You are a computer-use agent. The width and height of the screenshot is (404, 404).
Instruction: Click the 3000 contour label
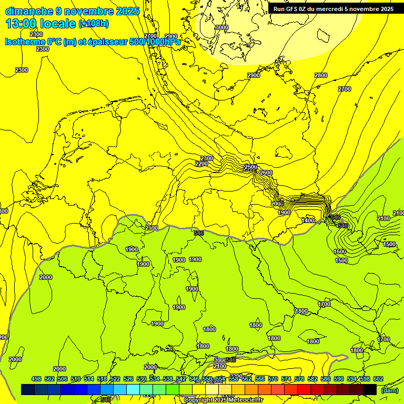[222, 27]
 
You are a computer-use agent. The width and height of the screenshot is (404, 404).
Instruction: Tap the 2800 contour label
[321, 76]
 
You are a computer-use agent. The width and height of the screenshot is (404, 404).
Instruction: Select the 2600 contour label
[266, 173]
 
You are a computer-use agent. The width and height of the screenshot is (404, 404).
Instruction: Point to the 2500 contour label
[251, 167]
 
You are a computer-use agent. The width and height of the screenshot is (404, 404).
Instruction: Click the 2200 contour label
[201, 164]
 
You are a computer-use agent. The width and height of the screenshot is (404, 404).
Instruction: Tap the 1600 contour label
[340, 252]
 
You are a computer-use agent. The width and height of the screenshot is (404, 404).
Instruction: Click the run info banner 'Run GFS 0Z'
[333, 9]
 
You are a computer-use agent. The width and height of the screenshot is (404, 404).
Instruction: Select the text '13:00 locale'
[41, 23]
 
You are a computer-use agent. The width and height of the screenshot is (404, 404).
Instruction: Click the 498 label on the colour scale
[36, 379]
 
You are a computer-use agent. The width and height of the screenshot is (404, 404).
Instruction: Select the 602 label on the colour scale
[378, 379]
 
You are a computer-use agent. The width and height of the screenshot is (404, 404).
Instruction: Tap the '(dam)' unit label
[390, 390]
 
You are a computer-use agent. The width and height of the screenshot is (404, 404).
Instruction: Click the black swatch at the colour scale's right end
[370, 389]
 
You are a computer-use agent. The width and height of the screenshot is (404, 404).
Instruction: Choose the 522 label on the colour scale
[115, 379]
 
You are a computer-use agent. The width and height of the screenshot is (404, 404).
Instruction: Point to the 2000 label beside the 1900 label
[277, 204]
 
